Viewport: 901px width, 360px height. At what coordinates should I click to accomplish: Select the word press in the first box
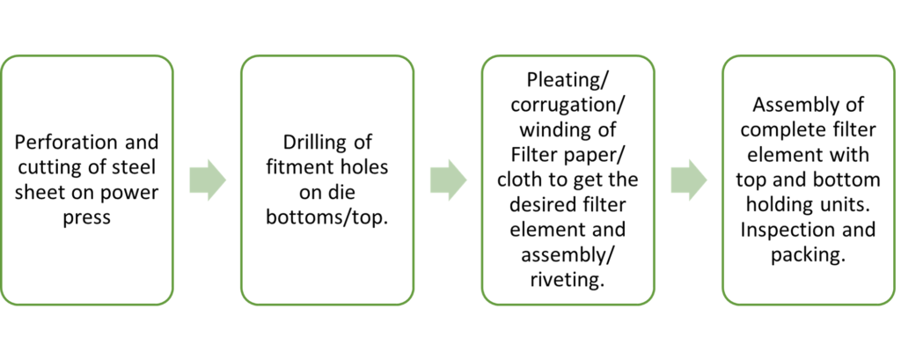pyautogui.click(x=87, y=219)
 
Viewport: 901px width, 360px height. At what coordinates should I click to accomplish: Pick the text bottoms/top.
pyautogui.click(x=327, y=218)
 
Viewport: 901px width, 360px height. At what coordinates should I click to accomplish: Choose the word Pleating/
pyautogui.click(x=568, y=82)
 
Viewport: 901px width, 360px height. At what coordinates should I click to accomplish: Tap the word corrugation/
pyautogui.click(x=568, y=107)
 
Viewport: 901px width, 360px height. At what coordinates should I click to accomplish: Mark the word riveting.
pyautogui.click(x=568, y=281)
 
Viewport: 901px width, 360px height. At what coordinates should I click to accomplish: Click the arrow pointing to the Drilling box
pyautogui.click(x=208, y=180)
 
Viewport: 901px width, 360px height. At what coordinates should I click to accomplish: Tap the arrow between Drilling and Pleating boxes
pyautogui.click(x=448, y=180)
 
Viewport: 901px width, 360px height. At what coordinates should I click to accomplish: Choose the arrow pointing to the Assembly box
pyautogui.click(x=689, y=180)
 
